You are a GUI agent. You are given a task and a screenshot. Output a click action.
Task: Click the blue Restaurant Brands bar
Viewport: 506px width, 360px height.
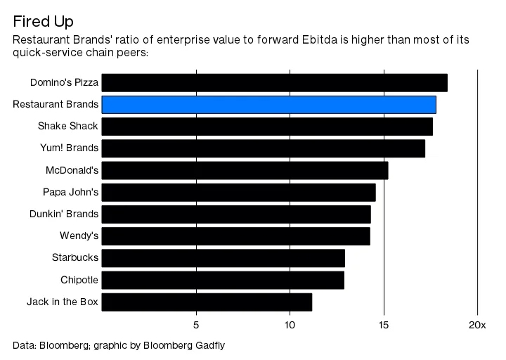point(268,105)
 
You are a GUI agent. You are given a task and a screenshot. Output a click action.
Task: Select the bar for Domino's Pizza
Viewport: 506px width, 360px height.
point(274,82)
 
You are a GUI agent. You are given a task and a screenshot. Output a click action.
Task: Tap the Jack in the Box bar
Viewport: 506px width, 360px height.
point(207,302)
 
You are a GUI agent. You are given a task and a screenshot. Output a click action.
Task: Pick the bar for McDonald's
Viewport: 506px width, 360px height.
point(245,170)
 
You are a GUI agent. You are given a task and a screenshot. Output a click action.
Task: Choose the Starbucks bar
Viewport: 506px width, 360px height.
point(223,258)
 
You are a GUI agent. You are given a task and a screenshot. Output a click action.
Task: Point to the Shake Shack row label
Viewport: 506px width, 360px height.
point(68,127)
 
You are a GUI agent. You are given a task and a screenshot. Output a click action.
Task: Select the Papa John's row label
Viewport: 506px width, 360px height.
point(71,192)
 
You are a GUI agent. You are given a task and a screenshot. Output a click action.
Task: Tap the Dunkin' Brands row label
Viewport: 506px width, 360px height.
point(64,214)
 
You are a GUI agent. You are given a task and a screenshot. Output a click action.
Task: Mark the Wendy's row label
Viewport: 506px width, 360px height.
point(79,236)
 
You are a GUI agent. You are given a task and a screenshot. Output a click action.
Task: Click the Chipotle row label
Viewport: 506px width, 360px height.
point(79,280)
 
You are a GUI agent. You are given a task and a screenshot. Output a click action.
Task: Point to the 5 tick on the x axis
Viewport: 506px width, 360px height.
point(196,325)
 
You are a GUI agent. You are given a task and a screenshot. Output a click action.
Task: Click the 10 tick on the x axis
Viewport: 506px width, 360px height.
point(290,325)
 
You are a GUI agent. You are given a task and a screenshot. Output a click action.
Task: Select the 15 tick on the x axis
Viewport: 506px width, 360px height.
point(384,325)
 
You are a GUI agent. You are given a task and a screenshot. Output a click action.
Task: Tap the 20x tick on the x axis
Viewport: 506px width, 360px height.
point(476,325)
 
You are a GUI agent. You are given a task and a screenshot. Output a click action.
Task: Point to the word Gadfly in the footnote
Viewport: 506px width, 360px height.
point(209,345)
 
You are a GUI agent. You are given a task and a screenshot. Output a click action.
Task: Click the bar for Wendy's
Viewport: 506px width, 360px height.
point(235,236)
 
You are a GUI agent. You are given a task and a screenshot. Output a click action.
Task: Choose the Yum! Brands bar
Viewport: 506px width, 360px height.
point(263,148)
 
